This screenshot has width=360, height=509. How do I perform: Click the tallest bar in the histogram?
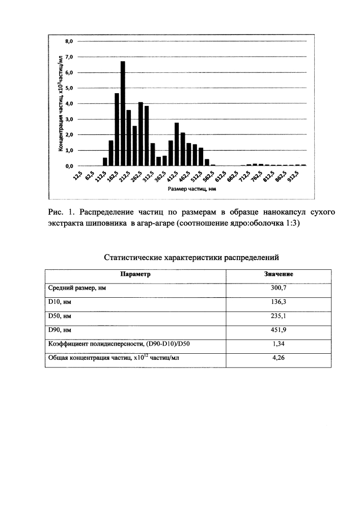[x=123, y=114]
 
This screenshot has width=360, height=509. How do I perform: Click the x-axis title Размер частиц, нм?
[x=189, y=189]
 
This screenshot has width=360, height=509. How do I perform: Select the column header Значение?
[x=278, y=274]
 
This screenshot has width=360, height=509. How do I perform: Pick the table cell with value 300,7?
[x=278, y=288]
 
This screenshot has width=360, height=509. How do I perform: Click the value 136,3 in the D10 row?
[x=278, y=302]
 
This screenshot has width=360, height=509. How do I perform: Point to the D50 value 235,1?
[x=278, y=316]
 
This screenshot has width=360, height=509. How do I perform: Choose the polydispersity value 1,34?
[x=278, y=344]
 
